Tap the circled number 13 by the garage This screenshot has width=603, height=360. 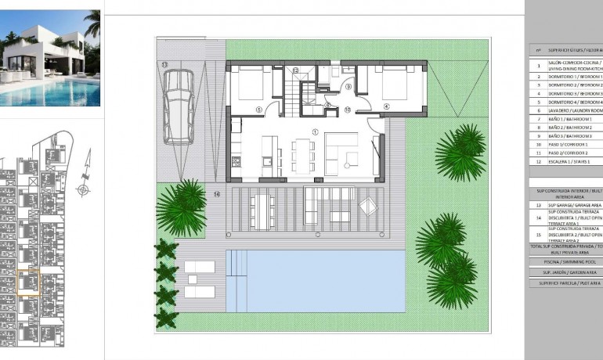point(164,64)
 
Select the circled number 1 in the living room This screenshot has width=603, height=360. point(315,132)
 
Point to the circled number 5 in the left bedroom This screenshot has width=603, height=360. point(258,110)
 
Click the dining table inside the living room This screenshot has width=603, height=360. point(301,154)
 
